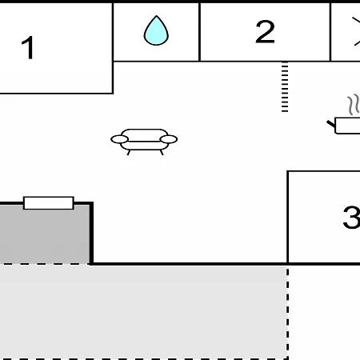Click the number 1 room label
(x=28, y=48)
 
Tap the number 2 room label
(x=265, y=32)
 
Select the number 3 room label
(x=352, y=217)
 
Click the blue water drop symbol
(x=156, y=30)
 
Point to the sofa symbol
(x=144, y=142)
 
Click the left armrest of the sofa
(x=119, y=139)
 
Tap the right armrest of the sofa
(x=169, y=139)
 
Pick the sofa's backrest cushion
(x=144, y=135)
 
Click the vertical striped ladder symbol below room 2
(x=285, y=87)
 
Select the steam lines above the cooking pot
(x=354, y=105)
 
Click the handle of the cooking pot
(x=331, y=124)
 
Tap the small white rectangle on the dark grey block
(x=49, y=203)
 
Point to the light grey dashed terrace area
(x=143, y=311)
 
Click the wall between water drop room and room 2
(x=199, y=32)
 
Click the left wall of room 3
(x=288, y=217)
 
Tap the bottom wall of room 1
(x=56, y=93)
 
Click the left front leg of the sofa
(x=129, y=153)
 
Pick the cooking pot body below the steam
(x=348, y=126)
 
